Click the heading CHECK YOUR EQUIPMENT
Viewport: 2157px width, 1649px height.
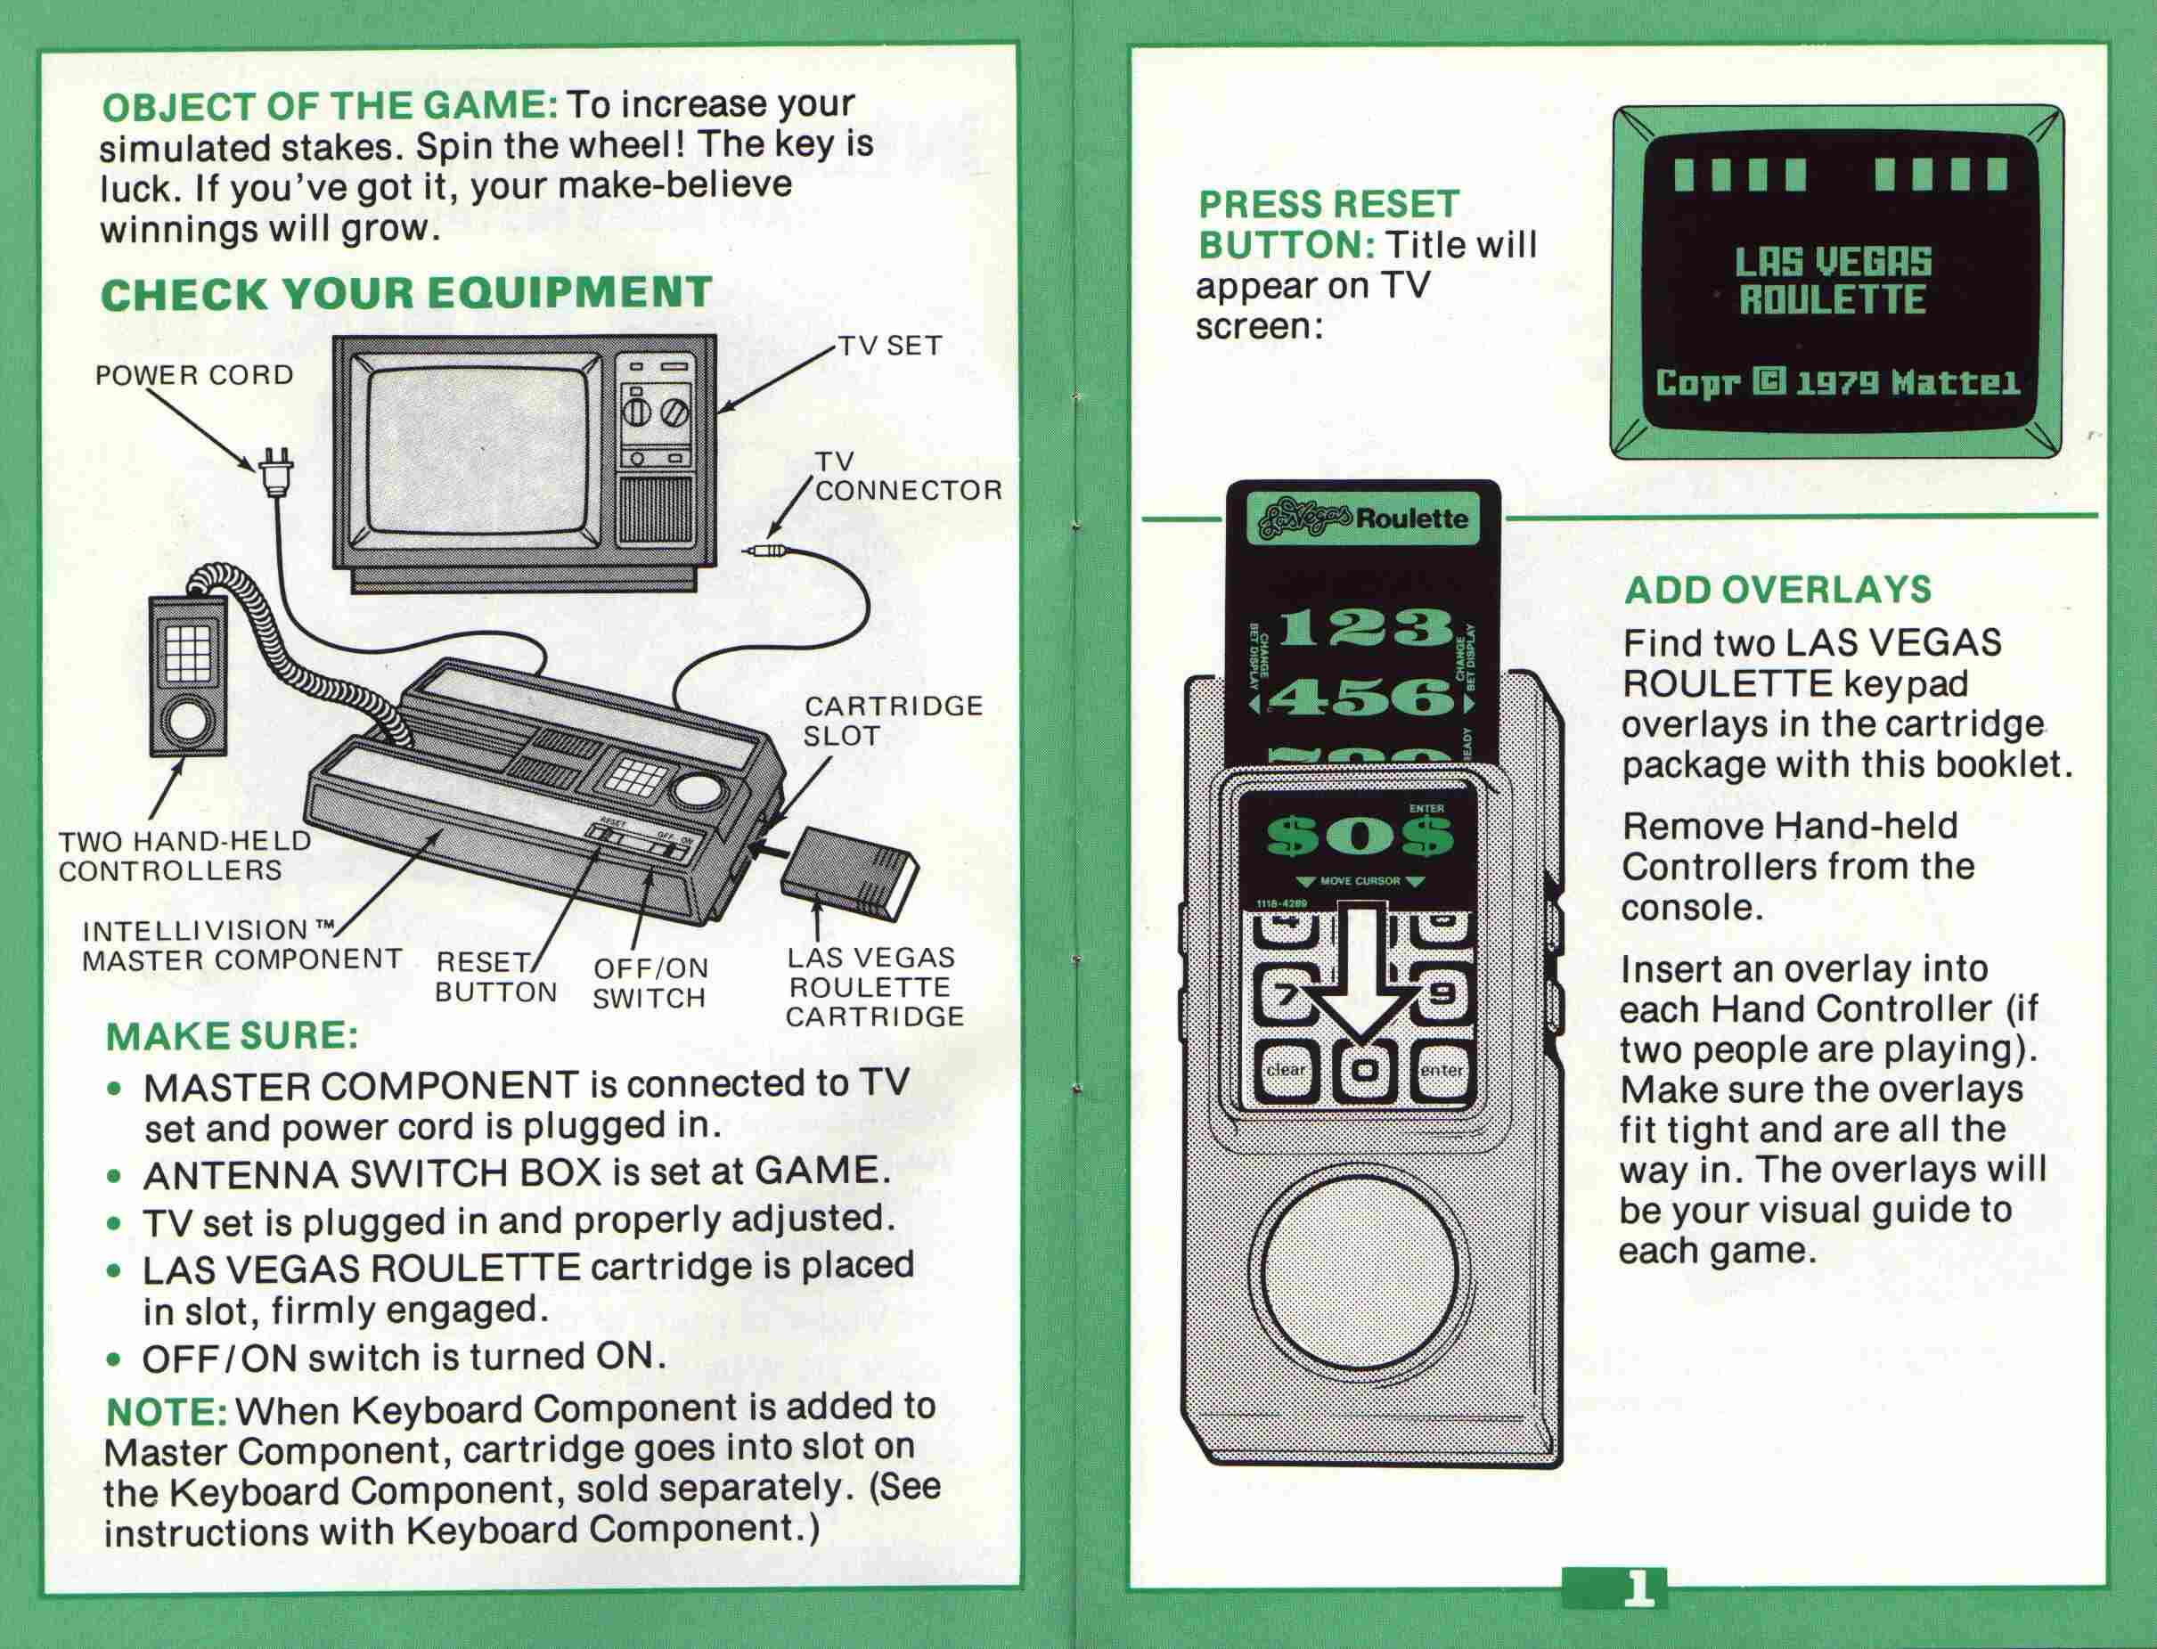[405, 293]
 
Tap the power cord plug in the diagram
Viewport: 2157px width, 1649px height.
[275, 474]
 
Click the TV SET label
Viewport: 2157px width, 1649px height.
[889, 347]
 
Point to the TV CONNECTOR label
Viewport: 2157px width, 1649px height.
[906, 477]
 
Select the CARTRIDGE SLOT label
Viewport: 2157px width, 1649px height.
[892, 721]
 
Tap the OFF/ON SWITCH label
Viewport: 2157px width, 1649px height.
[649, 984]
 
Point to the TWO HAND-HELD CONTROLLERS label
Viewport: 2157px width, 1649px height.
[184, 856]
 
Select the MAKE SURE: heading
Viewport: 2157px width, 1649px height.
[231, 1036]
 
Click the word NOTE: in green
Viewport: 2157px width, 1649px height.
[166, 1411]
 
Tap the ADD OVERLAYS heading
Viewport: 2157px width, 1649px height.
[1777, 590]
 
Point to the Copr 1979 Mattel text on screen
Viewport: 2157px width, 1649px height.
[1837, 383]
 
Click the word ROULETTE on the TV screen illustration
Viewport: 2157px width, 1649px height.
[1832, 299]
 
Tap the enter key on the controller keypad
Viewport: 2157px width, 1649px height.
[1441, 1069]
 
